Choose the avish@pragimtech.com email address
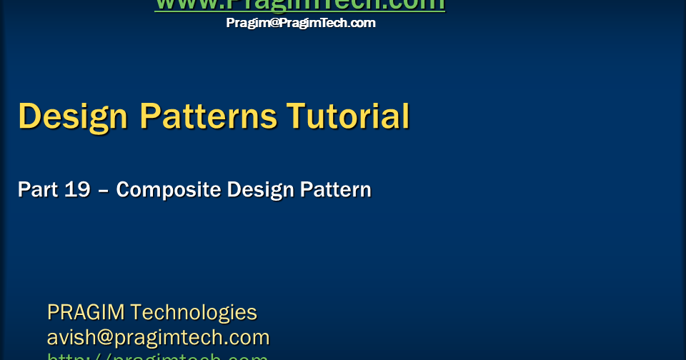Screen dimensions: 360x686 click(x=158, y=337)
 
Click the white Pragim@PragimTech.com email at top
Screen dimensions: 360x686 click(x=301, y=23)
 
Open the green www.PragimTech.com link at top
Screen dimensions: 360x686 click(x=300, y=4)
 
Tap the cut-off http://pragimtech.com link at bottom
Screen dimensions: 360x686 click(x=157, y=356)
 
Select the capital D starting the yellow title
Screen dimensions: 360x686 click(x=30, y=116)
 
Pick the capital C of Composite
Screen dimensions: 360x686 click(x=124, y=190)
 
